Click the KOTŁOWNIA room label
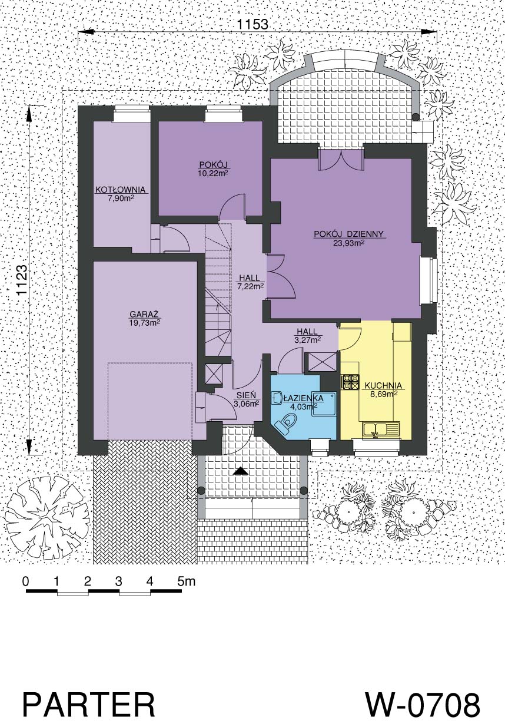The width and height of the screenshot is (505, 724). click(x=120, y=190)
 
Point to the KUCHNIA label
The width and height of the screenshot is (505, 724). click(x=383, y=386)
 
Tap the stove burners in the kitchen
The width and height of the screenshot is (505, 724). click(x=350, y=381)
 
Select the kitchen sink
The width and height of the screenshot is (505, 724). click(x=381, y=430)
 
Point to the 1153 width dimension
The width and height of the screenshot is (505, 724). click(x=253, y=24)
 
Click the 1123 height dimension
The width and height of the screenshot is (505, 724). click(x=22, y=280)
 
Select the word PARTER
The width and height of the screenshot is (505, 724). click(x=89, y=695)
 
